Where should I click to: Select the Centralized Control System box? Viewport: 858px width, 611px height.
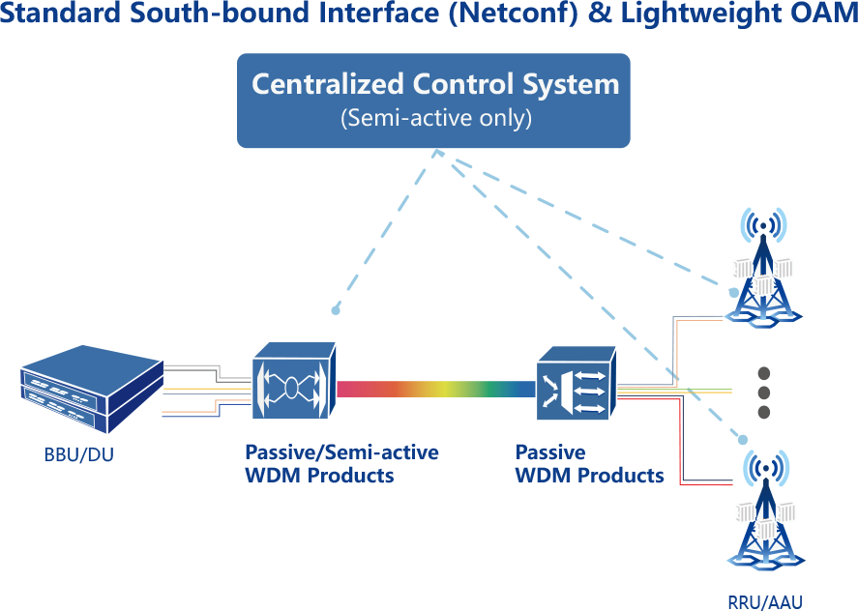pyautogui.click(x=433, y=101)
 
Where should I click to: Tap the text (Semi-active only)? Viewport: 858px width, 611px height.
pyautogui.click(x=435, y=119)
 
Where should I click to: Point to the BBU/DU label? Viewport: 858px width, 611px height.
pyautogui.click(x=72, y=454)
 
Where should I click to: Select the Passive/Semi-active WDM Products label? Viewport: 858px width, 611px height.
pyautogui.click(x=340, y=463)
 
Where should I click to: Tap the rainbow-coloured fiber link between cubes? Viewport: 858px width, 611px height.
pyautogui.click(x=435, y=390)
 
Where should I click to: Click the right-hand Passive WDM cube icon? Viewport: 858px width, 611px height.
pyautogui.click(x=576, y=386)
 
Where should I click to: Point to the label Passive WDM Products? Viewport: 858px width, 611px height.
pyautogui.click(x=588, y=463)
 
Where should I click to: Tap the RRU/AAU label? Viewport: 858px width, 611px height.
pyautogui.click(x=764, y=599)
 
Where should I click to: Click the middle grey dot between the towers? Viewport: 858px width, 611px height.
pyautogui.click(x=763, y=393)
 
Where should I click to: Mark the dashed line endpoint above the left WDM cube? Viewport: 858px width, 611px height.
pyautogui.click(x=336, y=310)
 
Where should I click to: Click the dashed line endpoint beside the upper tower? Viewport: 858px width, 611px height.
pyautogui.click(x=733, y=290)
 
